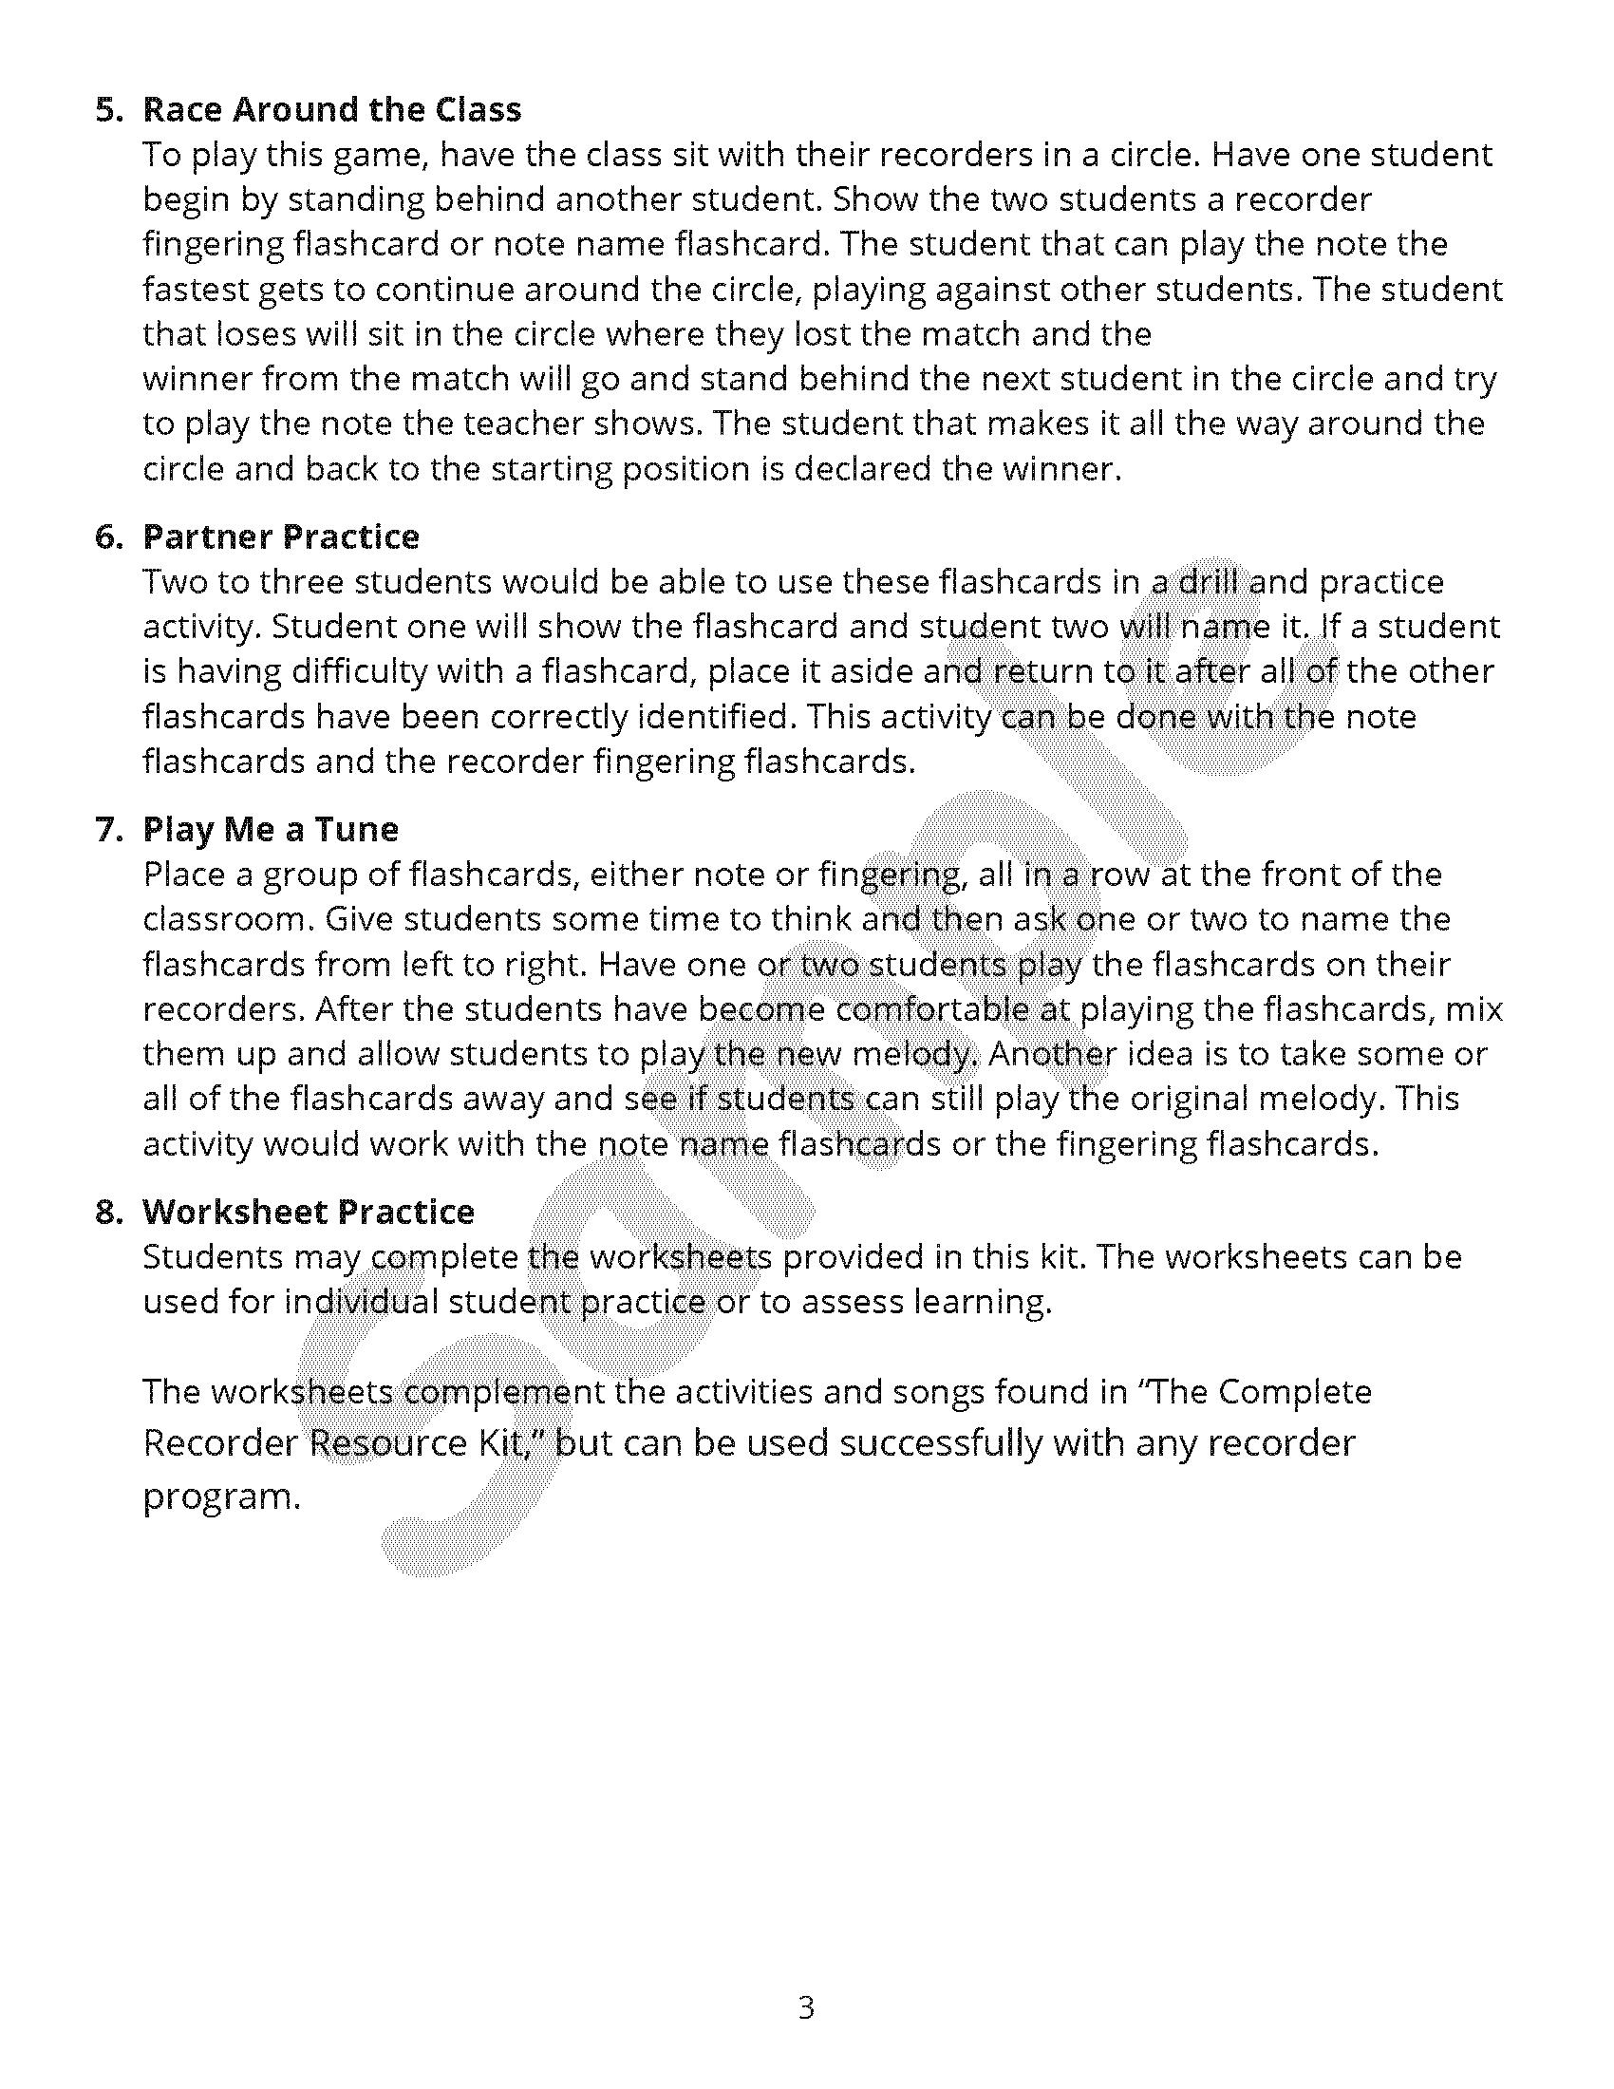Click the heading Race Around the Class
[331, 110]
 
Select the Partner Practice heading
[281, 537]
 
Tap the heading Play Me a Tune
[271, 829]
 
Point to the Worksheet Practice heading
[309, 1213]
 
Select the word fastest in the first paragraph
[196, 289]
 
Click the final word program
[221, 1496]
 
